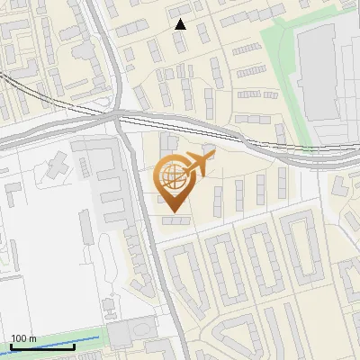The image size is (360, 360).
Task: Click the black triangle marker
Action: (180, 24)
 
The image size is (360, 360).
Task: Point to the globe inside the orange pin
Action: (173, 175)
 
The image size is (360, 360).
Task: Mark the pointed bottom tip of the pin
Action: (175, 212)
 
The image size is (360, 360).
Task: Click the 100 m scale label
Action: (23, 338)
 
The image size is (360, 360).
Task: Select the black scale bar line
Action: (41, 347)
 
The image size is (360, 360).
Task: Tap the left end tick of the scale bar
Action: (11, 346)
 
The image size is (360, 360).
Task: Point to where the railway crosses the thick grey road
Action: (117, 114)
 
